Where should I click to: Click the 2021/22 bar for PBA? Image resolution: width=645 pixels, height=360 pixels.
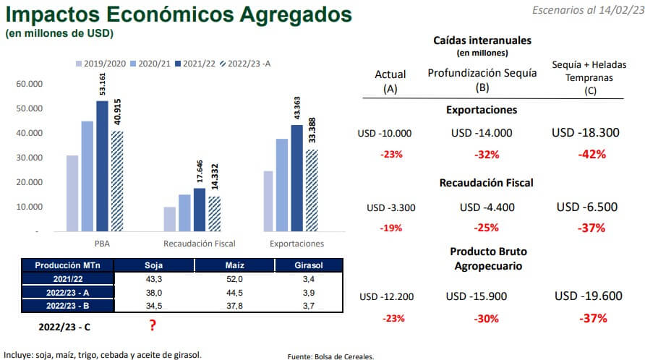point(102,166)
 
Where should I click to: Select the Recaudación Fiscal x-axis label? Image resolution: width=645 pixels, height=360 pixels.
point(200,244)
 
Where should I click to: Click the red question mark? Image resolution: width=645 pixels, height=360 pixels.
point(153,325)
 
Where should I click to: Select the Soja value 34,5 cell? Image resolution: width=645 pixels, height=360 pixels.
point(153,304)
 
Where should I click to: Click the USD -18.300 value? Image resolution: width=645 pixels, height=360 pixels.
point(586,133)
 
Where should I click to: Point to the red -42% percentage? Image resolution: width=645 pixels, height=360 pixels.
point(591,154)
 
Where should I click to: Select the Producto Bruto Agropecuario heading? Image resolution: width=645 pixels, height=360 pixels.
point(488,258)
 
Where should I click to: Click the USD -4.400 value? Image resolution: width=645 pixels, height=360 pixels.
point(487,207)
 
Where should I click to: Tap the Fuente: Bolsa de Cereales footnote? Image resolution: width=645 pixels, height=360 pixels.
point(330,356)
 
